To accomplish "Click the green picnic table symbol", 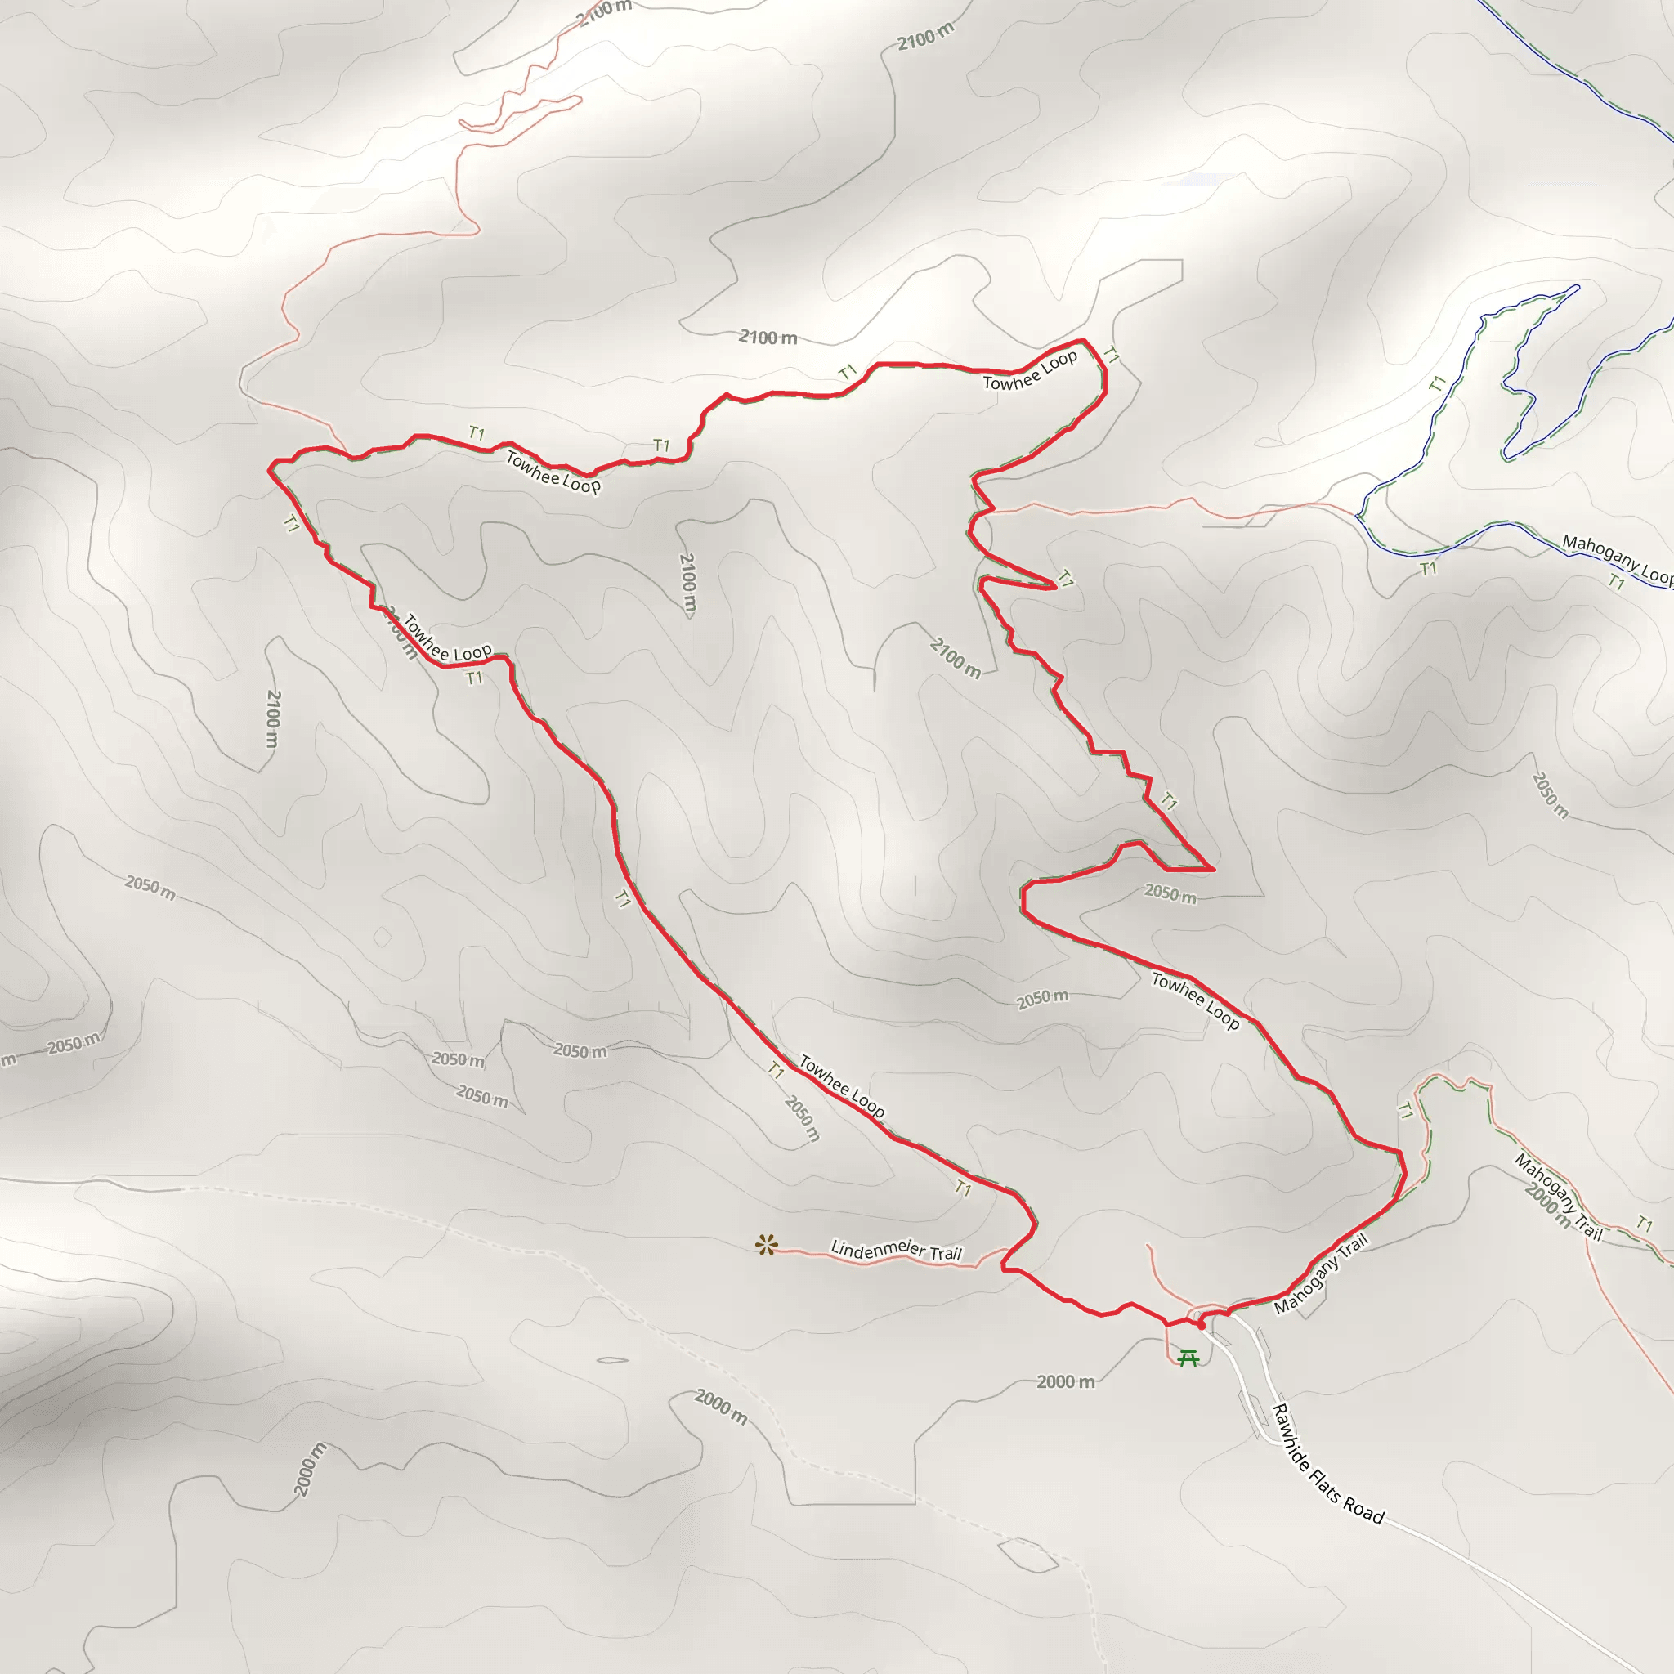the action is point(1188,1358).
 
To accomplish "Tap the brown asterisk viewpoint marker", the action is point(766,1246).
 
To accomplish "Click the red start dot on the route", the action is point(1201,1325).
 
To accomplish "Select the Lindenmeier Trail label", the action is point(896,1251).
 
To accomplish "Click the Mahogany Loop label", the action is point(1616,558).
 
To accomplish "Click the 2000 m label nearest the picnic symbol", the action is point(1066,1382).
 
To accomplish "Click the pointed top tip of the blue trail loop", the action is point(1577,287).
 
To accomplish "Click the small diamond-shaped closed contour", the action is point(382,938).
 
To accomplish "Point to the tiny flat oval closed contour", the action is point(612,1359).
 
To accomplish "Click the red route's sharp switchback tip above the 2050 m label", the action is point(1213,868).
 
